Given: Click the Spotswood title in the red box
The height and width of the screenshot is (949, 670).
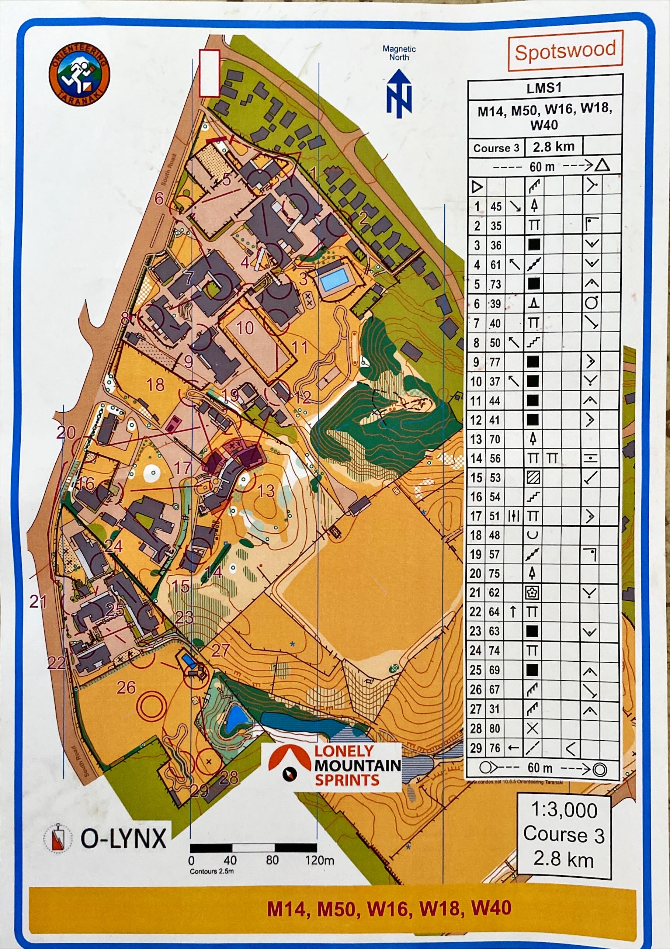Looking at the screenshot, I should tap(565, 51).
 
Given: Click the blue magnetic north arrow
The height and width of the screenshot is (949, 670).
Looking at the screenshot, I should tap(399, 93).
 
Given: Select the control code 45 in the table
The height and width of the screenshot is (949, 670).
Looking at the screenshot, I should tap(496, 207).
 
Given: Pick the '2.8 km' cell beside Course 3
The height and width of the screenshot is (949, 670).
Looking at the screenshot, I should tap(553, 147).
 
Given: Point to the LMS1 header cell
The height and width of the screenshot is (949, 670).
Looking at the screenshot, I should tap(544, 88).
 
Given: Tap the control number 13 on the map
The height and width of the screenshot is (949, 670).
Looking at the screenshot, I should tap(266, 491).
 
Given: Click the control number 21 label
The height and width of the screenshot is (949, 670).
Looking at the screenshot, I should tap(38, 602).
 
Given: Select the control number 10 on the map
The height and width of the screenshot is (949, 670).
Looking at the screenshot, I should tap(245, 328).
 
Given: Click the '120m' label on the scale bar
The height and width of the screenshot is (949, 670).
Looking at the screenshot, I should tap(319, 860).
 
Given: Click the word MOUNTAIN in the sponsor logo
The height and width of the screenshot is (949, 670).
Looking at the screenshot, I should tap(358, 765).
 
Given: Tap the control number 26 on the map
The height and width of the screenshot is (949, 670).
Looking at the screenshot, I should tap(126, 687).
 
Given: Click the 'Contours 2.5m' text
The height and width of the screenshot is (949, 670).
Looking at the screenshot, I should tap(211, 871).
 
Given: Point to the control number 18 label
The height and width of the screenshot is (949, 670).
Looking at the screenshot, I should tap(155, 385).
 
